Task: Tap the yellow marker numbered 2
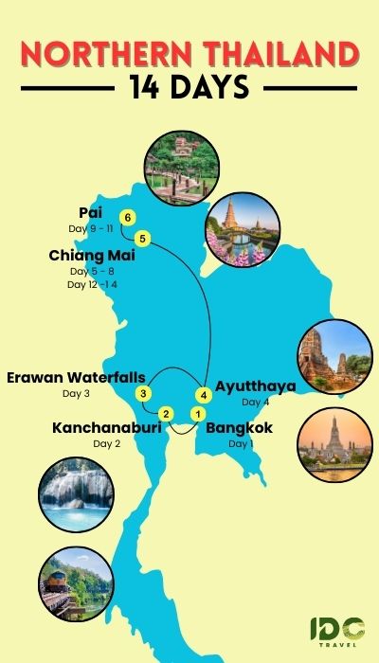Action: tap(166, 413)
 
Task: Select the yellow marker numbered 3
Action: tap(142, 392)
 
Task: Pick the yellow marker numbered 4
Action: tap(202, 393)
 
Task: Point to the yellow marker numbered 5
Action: tap(142, 237)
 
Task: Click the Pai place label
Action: tap(91, 214)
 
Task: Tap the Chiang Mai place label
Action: tap(92, 255)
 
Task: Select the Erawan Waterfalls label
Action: tap(76, 378)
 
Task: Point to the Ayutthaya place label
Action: tap(256, 385)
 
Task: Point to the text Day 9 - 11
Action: tap(91, 229)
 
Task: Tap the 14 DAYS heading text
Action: tap(189, 88)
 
